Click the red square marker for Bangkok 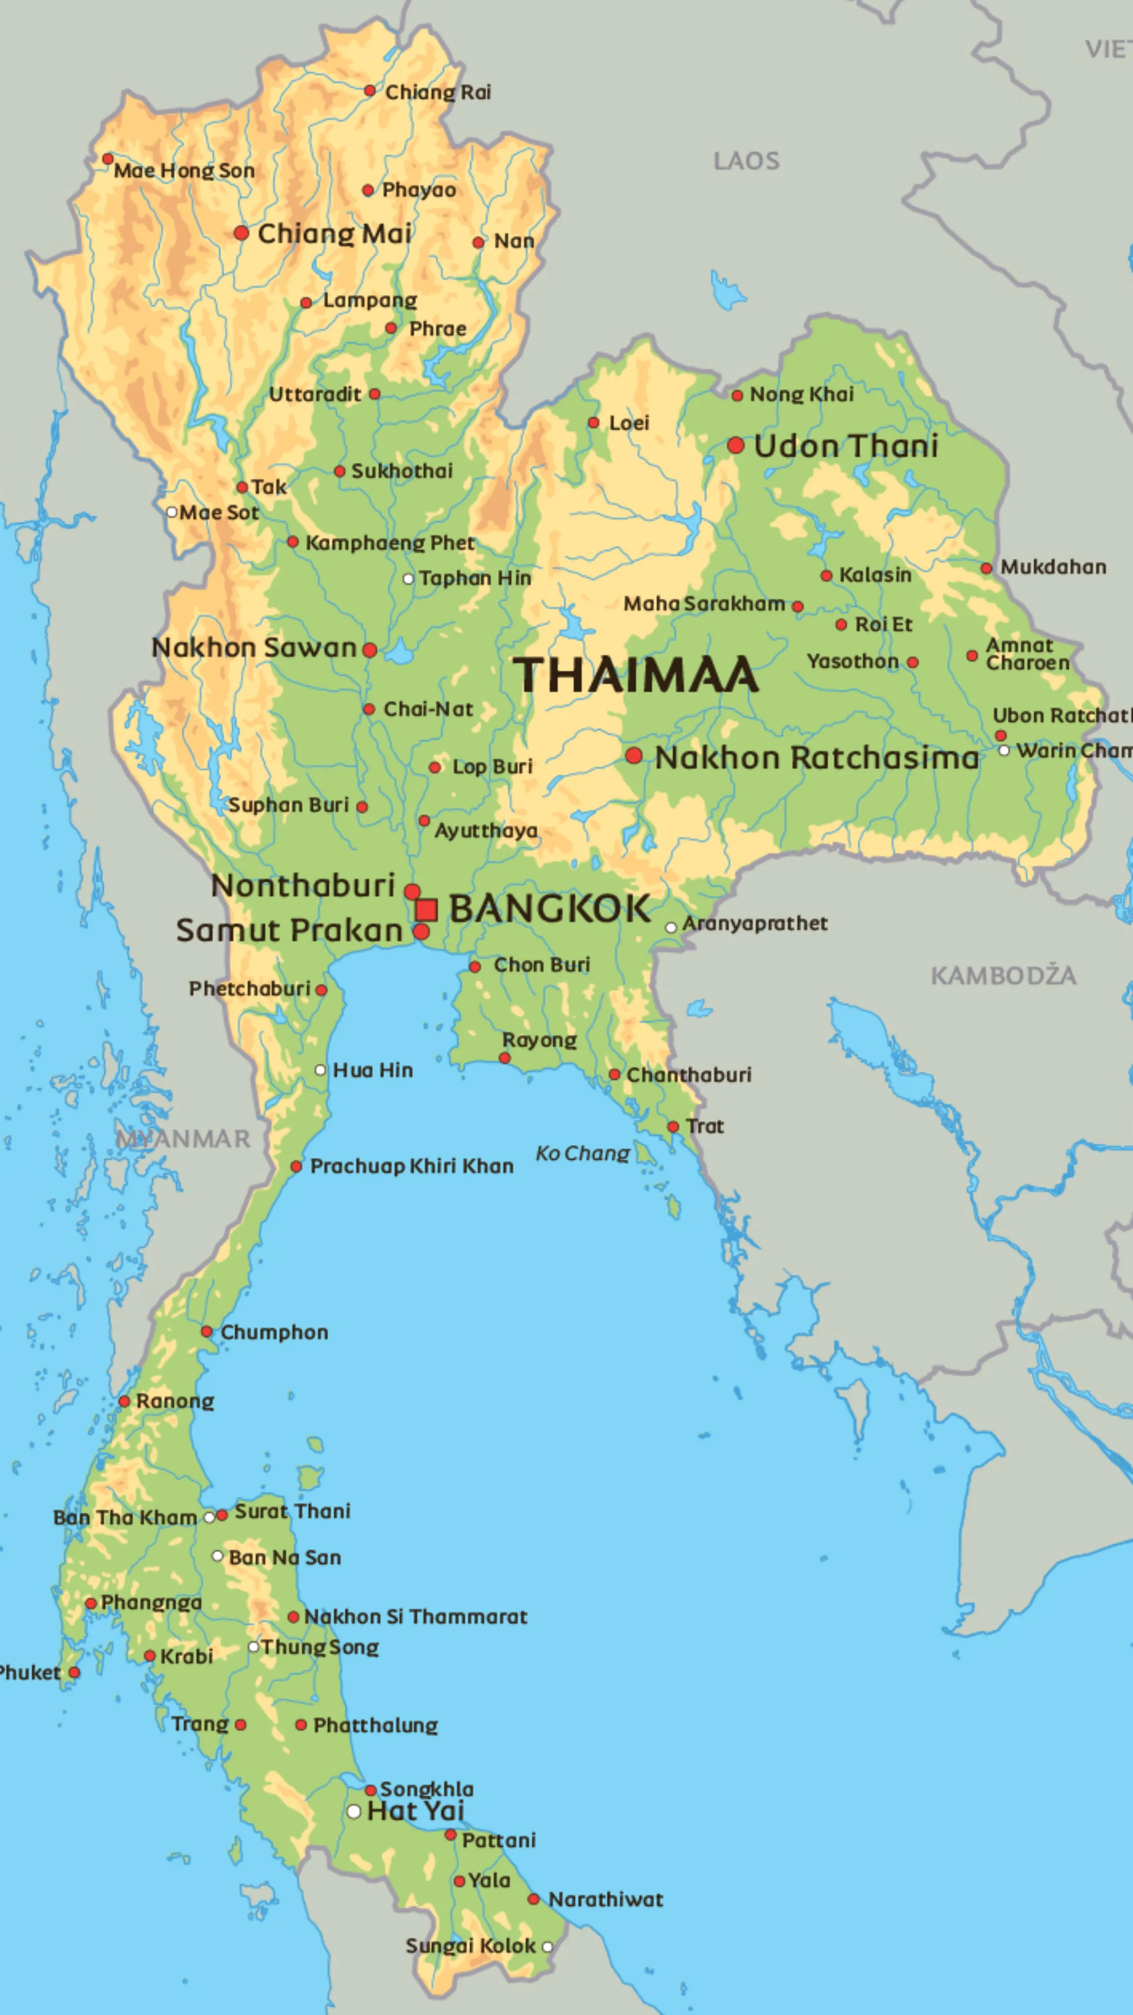425,910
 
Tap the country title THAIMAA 635,675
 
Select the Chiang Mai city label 334,233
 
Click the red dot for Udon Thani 735,445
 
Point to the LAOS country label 746,161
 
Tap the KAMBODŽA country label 1003,975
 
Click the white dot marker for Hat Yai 353,1811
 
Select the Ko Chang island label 582,1153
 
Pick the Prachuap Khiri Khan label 411,1166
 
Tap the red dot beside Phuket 74,1673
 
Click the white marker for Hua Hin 320,1070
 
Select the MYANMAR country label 183,1138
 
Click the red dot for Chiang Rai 370,91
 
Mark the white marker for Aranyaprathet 671,928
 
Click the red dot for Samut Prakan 421,932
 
